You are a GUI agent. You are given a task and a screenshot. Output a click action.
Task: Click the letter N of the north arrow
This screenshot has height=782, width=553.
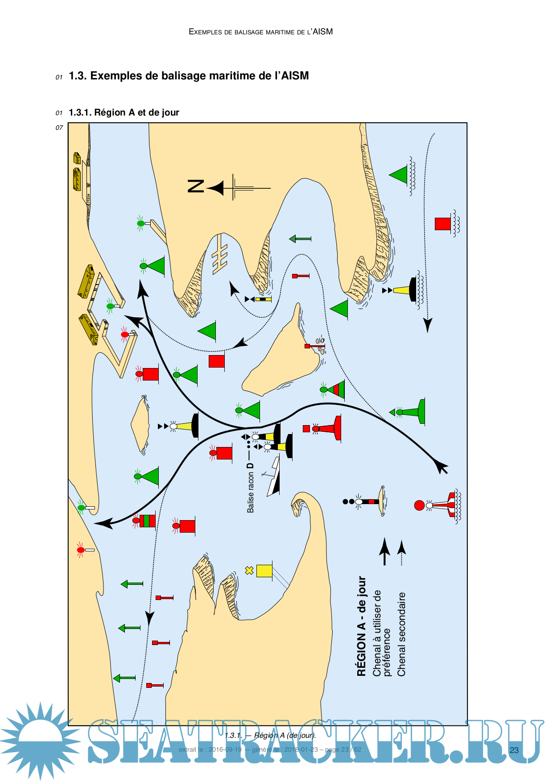(x=196, y=186)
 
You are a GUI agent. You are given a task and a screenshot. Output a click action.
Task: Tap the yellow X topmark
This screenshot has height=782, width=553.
(x=249, y=570)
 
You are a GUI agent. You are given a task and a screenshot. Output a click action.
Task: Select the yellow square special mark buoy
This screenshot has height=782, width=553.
(x=264, y=571)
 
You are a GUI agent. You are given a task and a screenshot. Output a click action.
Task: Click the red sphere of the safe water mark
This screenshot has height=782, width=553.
(x=419, y=505)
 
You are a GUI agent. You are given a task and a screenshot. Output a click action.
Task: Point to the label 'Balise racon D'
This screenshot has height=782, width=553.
(x=251, y=488)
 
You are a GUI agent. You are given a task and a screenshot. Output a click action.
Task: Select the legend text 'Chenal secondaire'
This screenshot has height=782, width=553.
(x=401, y=634)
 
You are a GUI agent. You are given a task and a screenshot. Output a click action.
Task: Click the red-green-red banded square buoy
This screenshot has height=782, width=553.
(x=147, y=521)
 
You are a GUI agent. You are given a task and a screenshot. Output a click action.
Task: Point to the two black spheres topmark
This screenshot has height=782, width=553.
(x=348, y=501)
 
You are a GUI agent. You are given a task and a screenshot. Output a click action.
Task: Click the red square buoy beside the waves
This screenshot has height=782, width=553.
(x=442, y=223)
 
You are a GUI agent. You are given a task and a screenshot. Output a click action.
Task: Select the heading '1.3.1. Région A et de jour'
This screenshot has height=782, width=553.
(x=124, y=112)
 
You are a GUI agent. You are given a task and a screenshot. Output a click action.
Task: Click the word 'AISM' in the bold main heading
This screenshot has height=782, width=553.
(x=295, y=76)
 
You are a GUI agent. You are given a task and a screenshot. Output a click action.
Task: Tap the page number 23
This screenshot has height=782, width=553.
(x=514, y=750)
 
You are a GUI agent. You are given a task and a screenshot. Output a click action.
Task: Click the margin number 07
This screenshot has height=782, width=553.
(x=59, y=128)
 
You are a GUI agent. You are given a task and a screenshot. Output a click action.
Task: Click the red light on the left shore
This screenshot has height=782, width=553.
(x=81, y=550)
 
